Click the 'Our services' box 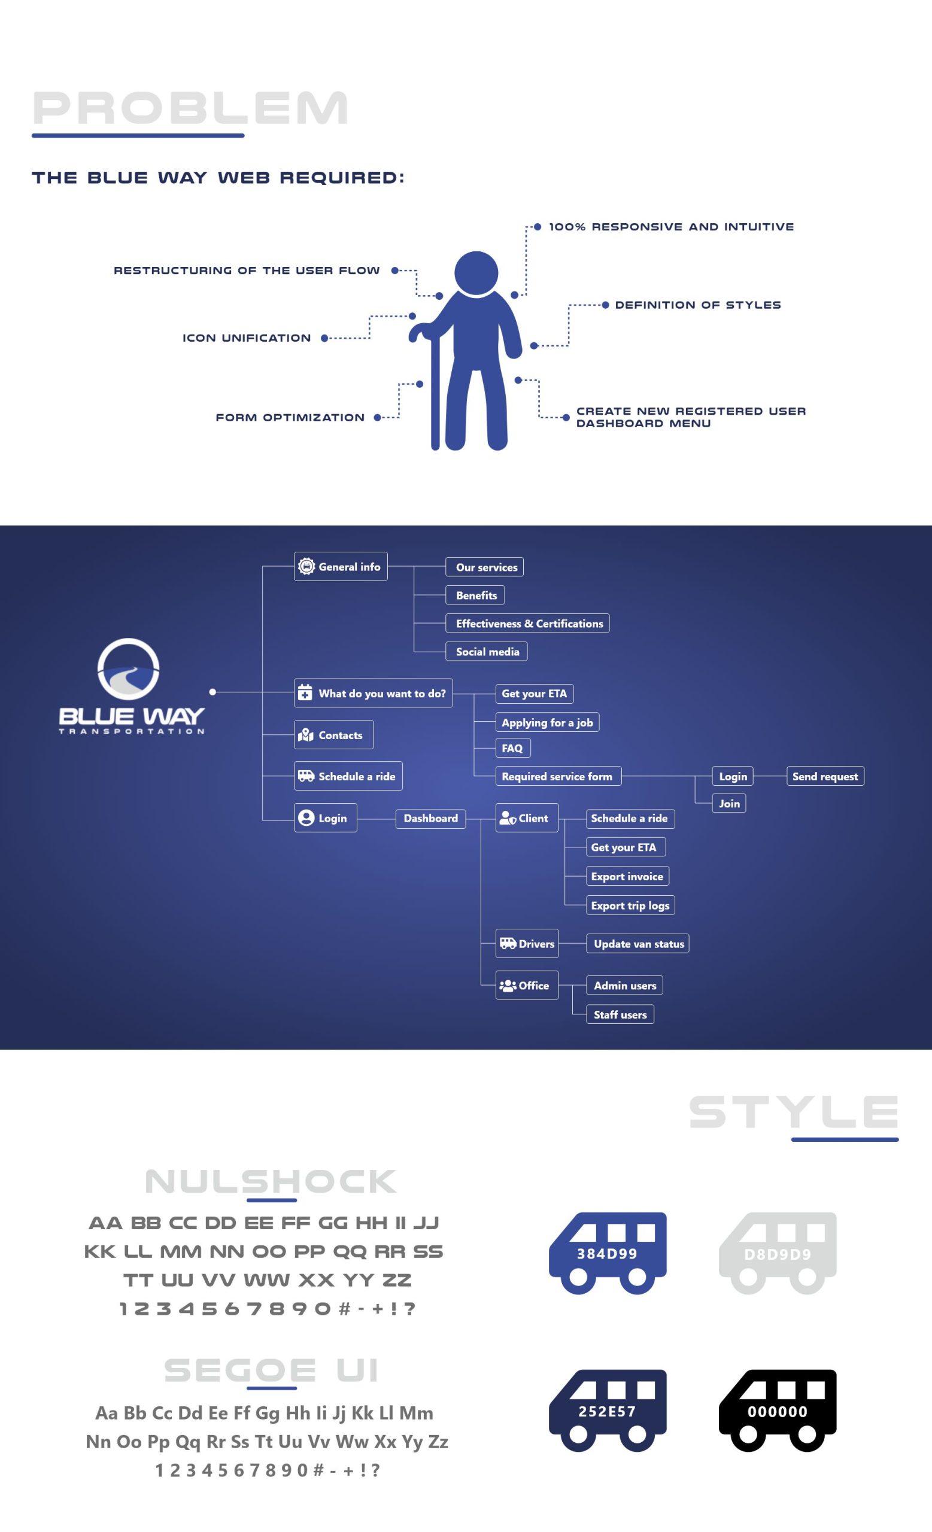[484, 567]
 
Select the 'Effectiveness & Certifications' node [527, 623]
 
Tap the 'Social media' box [486, 652]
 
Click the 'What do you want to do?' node [373, 692]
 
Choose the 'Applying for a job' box [547, 722]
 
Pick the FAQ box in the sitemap [512, 748]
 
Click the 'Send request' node [825, 776]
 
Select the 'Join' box [728, 803]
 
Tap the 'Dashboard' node [430, 818]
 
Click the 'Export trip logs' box [630, 905]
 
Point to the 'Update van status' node [638, 944]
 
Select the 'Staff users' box [620, 1015]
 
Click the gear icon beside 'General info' [306, 566]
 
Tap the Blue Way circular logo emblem [129, 669]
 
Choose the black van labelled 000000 [777, 1410]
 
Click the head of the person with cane [476, 272]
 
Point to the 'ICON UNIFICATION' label [246, 338]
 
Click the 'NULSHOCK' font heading [271, 1181]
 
